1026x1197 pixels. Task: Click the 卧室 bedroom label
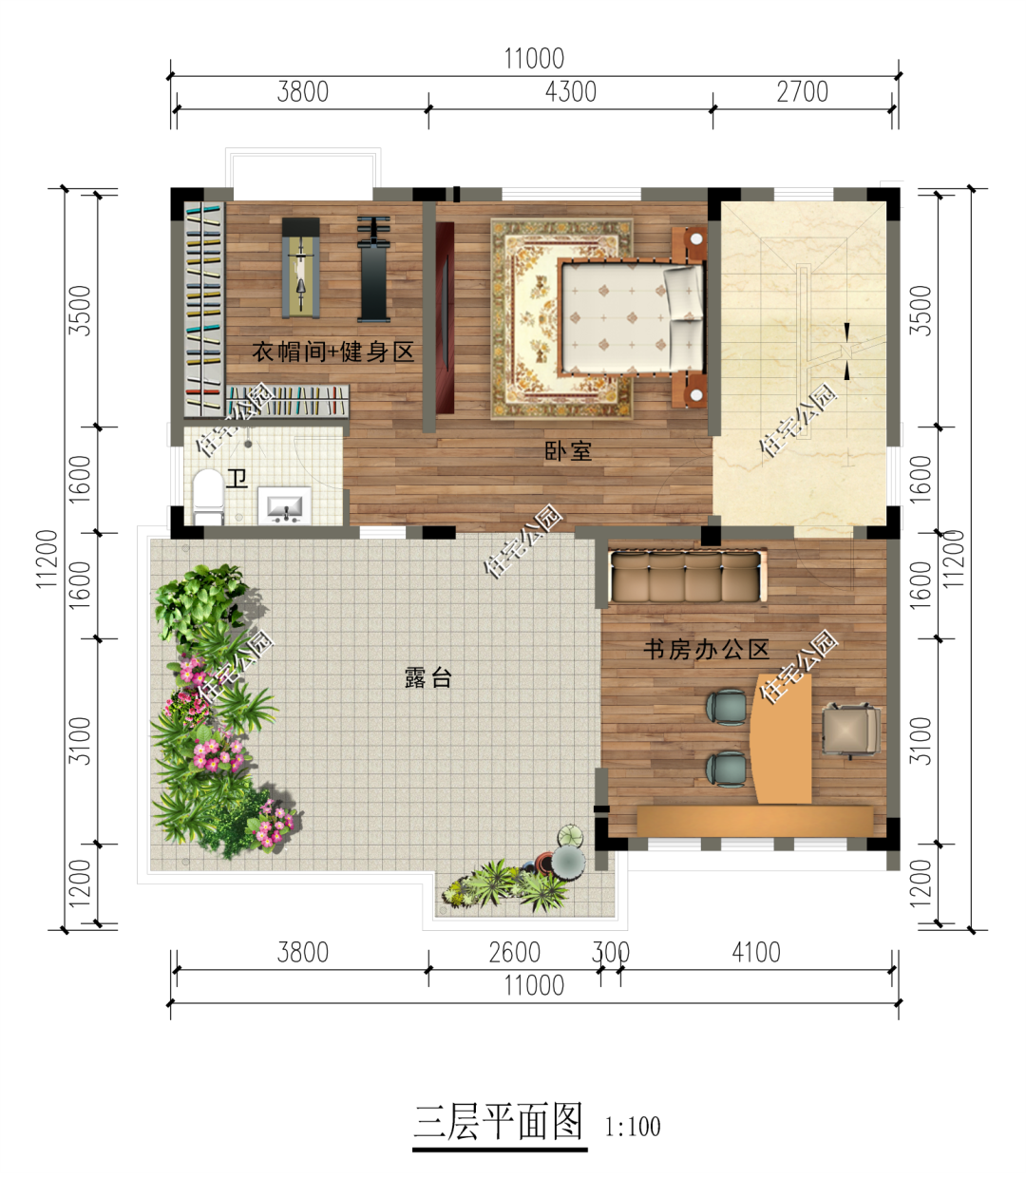pos(568,451)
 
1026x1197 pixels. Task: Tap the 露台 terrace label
pos(427,677)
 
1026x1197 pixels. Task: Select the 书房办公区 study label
pos(707,649)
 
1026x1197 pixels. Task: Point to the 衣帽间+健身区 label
pos(333,351)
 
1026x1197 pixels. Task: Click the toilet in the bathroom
pos(208,496)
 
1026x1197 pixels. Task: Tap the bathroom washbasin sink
pos(284,505)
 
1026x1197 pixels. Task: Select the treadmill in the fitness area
pos(300,268)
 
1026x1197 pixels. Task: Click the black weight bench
pos(373,269)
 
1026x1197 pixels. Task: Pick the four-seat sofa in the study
pos(687,577)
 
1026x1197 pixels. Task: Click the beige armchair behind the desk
pos(851,730)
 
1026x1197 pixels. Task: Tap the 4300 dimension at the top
pos(571,91)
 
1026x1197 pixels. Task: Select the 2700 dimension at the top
pos(803,91)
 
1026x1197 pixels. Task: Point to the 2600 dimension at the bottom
pos(515,953)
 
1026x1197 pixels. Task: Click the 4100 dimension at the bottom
pos(756,953)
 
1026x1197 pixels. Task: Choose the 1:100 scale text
pos(633,1127)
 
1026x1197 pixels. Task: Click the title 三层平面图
pos(499,1122)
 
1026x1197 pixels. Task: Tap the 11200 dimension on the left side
pos(47,559)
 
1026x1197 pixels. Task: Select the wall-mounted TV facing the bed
pos(445,318)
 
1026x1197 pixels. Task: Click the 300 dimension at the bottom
pos(610,953)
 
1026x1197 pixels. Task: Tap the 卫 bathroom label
pos(237,479)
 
